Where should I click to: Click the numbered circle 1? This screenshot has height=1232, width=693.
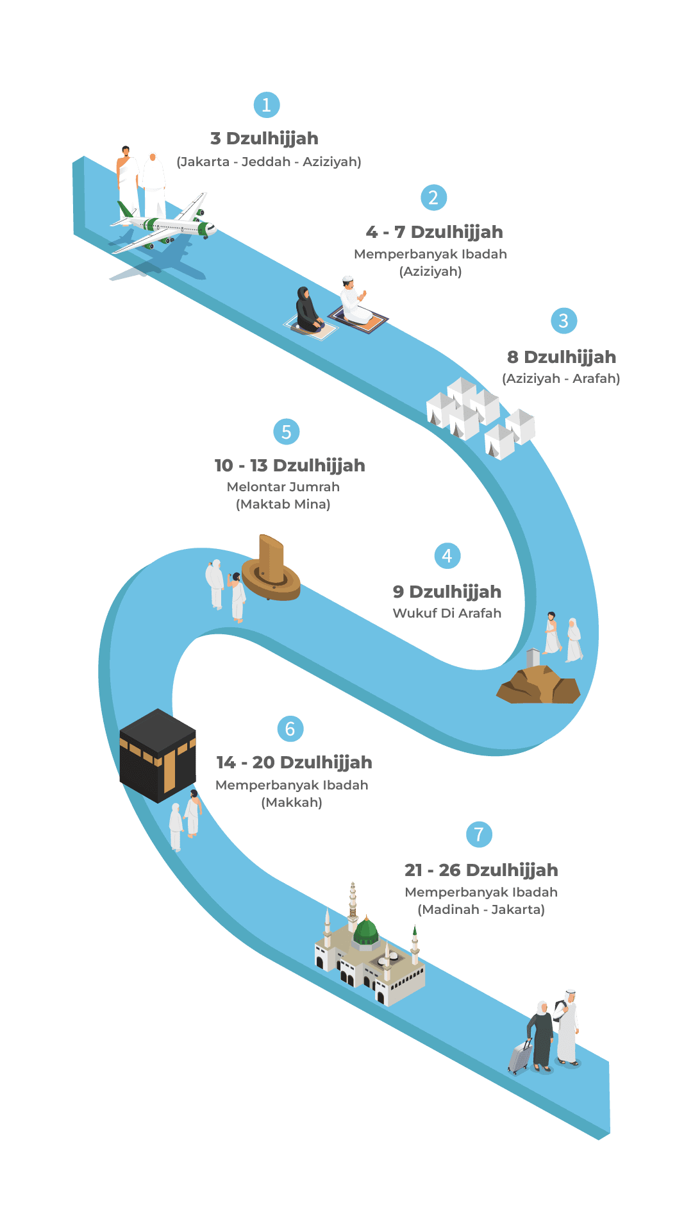267,105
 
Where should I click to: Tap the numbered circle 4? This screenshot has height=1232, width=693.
447,556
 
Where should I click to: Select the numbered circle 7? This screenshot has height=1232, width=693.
479,834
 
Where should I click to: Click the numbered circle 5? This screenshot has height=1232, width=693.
287,432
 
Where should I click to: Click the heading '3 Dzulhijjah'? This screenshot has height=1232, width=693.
264,139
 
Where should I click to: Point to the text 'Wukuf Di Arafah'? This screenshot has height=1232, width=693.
447,613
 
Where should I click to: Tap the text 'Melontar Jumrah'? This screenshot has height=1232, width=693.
283,487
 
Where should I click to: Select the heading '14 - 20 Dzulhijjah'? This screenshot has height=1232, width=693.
294,763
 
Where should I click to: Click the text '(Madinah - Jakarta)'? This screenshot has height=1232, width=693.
481,909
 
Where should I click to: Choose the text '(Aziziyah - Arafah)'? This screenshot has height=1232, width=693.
561,378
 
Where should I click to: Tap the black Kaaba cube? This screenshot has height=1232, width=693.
158,756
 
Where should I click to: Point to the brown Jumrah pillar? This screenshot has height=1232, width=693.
272,567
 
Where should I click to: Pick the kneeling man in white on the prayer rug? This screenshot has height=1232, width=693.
355,300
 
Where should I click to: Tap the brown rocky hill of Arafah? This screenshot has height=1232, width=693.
539,685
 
